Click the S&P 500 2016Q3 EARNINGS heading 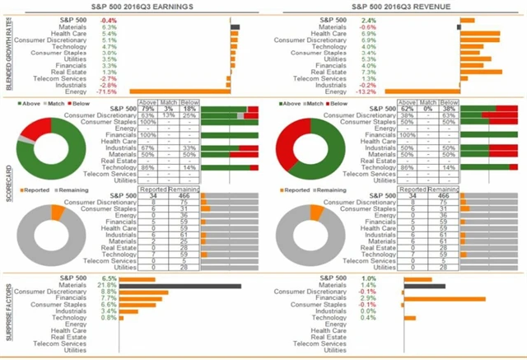(132, 7)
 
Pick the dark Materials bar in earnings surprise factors (180, 287)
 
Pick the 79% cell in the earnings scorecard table (148, 110)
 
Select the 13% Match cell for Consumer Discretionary (168, 116)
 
